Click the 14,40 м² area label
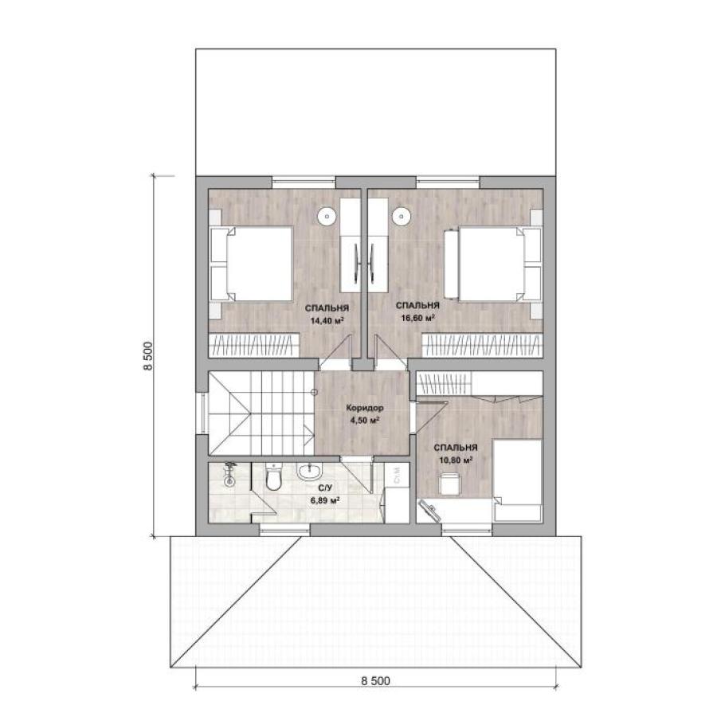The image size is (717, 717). [x=327, y=320]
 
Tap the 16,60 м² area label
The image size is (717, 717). [x=417, y=318]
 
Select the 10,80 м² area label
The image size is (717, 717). [x=456, y=460]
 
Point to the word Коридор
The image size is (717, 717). [x=364, y=408]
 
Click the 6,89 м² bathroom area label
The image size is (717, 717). [x=325, y=500]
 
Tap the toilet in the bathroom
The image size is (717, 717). [x=273, y=477]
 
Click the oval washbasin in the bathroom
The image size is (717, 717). [x=310, y=471]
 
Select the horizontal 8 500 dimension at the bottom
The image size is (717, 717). [x=375, y=681]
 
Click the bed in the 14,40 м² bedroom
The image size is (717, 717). [x=252, y=264]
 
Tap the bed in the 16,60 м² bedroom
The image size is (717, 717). [x=493, y=264]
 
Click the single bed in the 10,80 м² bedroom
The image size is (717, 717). [x=517, y=480]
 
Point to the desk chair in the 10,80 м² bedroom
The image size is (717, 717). [x=449, y=484]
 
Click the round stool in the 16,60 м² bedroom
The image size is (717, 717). [x=401, y=215]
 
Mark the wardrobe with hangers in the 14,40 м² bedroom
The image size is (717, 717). [x=254, y=345]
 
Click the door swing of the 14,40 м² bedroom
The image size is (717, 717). [x=335, y=351]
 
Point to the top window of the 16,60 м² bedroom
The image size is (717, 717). [x=448, y=182]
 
